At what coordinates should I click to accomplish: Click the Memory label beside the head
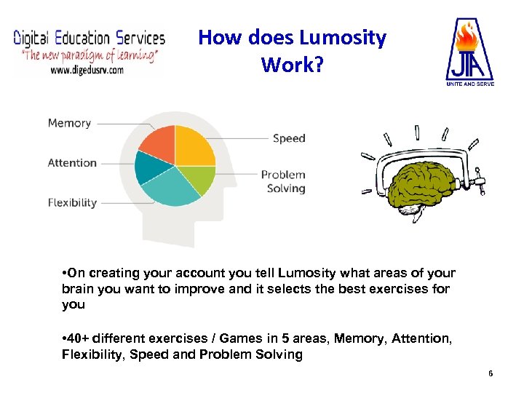tap(69, 123)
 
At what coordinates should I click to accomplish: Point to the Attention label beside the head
tap(72, 162)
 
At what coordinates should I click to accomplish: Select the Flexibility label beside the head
tap(72, 202)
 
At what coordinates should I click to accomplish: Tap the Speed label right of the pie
tap(289, 138)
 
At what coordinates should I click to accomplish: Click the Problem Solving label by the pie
tap(284, 181)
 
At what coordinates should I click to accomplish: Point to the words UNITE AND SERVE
tap(469, 84)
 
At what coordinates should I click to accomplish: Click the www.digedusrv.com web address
tap(87, 70)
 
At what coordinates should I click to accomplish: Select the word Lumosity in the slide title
tap(344, 38)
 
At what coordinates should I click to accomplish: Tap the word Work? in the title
tap(291, 65)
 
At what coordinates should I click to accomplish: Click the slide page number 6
tap(491, 373)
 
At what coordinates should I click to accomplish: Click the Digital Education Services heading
tap(89, 38)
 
